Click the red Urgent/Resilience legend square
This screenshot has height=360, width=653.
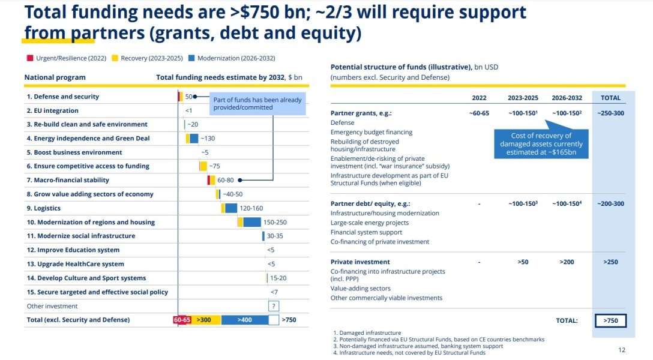[30, 58]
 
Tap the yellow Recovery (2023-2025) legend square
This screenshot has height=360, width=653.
[115, 58]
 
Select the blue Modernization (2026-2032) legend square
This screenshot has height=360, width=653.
[191, 58]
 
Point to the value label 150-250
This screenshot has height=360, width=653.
[275, 222]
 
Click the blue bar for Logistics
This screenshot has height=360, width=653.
[231, 208]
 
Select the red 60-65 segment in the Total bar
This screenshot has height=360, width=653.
[182, 320]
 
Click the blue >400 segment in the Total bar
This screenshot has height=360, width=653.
[244, 320]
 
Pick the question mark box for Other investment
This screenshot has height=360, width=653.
[274, 306]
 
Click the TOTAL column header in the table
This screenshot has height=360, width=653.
[610, 98]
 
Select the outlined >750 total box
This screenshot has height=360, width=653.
[610, 320]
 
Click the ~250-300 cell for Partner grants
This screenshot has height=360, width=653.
[610, 113]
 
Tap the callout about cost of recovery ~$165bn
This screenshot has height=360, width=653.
[541, 144]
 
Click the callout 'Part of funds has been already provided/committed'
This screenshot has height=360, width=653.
[257, 103]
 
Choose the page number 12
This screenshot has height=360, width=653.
[621, 350]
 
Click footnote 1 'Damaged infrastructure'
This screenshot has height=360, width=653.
[367, 332]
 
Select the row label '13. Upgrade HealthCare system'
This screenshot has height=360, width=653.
[75, 264]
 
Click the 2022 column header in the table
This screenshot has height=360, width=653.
[480, 98]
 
